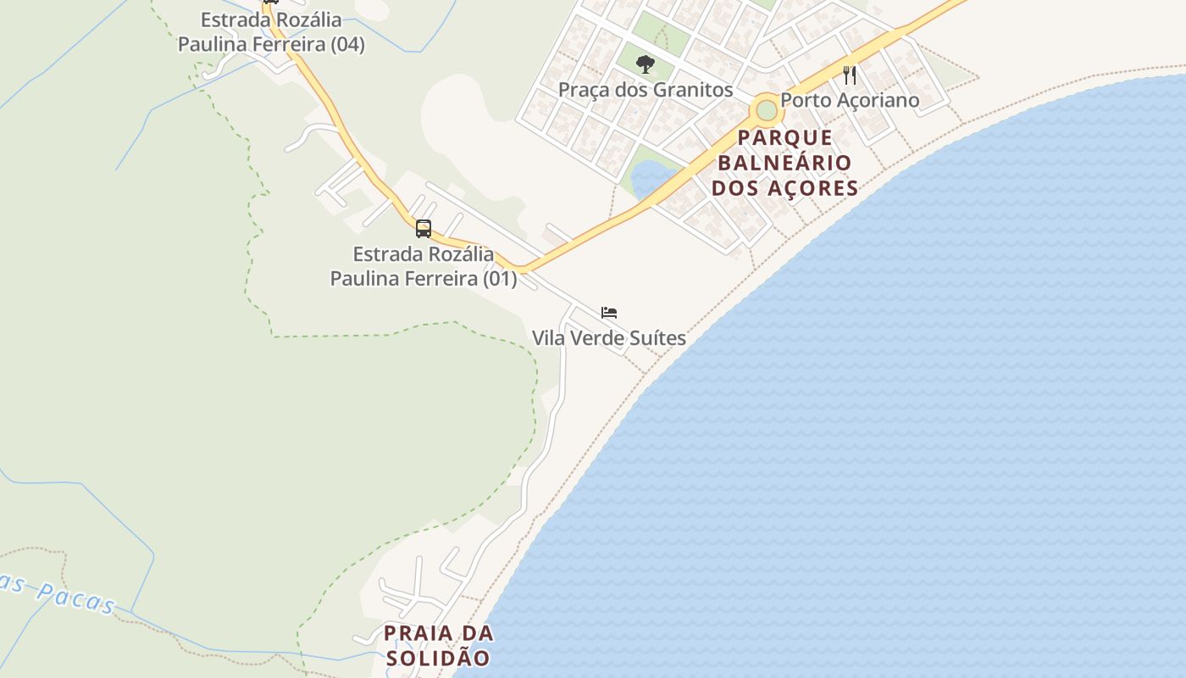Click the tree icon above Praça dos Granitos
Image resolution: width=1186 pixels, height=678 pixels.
pyautogui.click(x=646, y=64)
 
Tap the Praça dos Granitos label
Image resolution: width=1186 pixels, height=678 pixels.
pyautogui.click(x=646, y=89)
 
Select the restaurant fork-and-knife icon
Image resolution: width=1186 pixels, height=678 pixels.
pyautogui.click(x=850, y=75)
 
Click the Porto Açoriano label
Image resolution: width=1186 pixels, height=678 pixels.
pyautogui.click(x=850, y=100)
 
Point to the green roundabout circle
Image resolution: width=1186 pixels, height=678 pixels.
pyautogui.click(x=767, y=110)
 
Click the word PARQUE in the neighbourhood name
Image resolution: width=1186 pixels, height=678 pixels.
pyautogui.click(x=785, y=137)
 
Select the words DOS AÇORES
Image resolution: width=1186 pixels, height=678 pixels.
pyautogui.click(x=785, y=188)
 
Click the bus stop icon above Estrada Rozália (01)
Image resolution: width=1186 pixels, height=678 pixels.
pyautogui.click(x=424, y=228)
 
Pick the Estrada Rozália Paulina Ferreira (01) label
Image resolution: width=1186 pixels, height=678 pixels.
pyautogui.click(x=424, y=265)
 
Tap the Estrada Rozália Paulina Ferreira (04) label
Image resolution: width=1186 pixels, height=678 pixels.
pyautogui.click(x=271, y=32)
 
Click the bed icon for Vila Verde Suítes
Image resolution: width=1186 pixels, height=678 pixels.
pyautogui.click(x=609, y=313)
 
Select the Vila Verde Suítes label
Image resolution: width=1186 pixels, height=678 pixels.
pyautogui.click(x=609, y=338)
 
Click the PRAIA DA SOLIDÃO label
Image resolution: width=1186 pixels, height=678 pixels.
pyautogui.click(x=438, y=645)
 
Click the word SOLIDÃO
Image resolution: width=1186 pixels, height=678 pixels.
pyautogui.click(x=438, y=658)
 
